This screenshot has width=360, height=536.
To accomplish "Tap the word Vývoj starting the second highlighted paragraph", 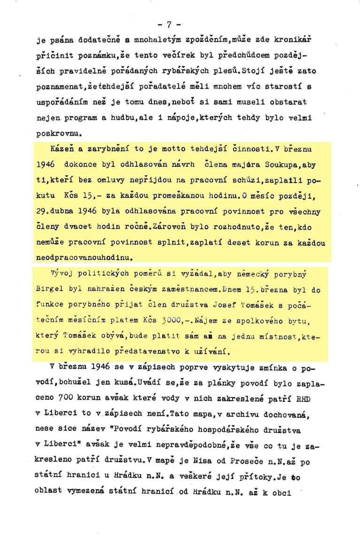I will click(60, 273).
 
